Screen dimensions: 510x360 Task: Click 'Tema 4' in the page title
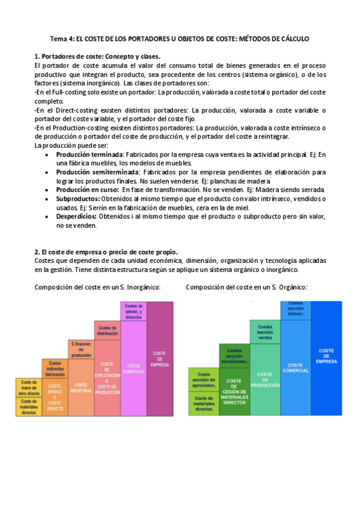pos(60,38)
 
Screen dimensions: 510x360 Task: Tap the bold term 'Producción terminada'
pos(87,155)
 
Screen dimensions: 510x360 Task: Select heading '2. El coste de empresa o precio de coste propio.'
pos(106,251)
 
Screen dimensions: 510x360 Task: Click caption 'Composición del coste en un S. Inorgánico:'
pos(97,287)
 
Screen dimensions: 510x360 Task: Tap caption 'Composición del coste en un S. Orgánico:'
pos(246,287)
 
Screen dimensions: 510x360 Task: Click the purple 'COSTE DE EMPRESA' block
pos(159,358)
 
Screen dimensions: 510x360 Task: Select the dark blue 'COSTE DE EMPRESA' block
pos(326,357)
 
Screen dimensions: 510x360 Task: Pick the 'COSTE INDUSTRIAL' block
pos(81,387)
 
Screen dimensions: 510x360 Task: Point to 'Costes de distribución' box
pos(107,330)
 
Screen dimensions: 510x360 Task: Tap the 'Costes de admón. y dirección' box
pos(133,311)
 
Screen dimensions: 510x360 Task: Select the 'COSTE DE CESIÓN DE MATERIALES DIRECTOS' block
pos(234,391)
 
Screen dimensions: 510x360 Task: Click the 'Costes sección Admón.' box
pos(295,309)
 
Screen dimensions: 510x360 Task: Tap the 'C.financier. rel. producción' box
pos(81,349)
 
